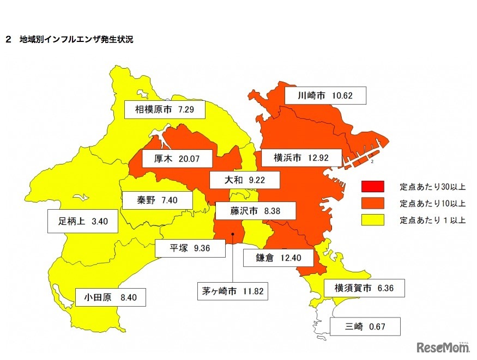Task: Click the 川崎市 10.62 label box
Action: pyautogui.click(x=325, y=96)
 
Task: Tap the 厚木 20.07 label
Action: pyautogui.click(x=170, y=158)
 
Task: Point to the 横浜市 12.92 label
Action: pyautogui.click(x=300, y=158)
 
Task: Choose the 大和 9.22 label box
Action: pyautogui.click(x=244, y=179)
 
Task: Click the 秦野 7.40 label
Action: pyautogui.click(x=157, y=200)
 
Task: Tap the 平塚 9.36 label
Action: pyautogui.click(x=190, y=248)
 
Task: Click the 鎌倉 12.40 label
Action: pyautogui.click(x=277, y=258)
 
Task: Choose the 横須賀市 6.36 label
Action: pyautogui.click(x=364, y=288)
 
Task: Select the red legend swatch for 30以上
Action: pyautogui.click(x=372, y=187)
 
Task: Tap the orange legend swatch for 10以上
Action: pyautogui.click(x=372, y=203)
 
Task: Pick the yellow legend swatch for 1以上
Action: pyautogui.click(x=372, y=220)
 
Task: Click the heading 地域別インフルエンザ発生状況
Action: pyautogui.click(x=76, y=40)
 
